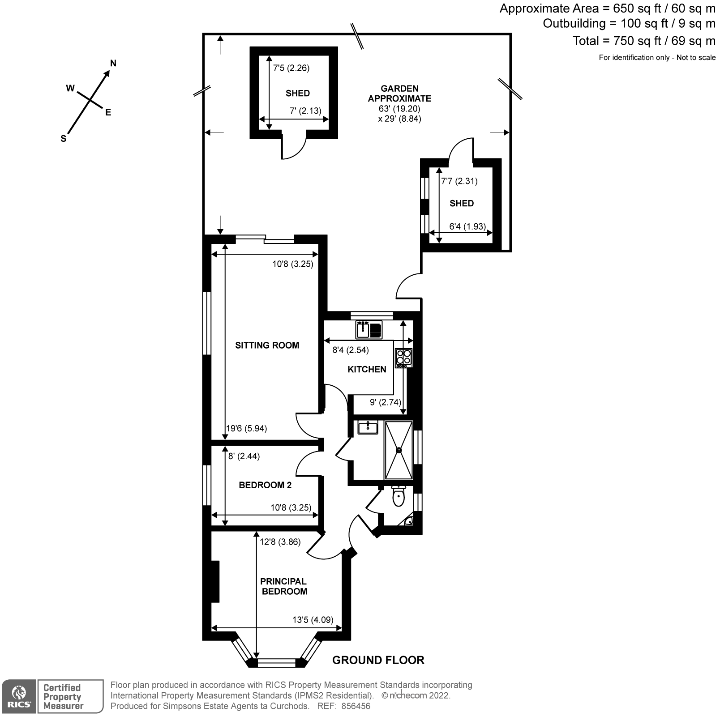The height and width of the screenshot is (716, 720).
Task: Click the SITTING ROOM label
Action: [x=267, y=345]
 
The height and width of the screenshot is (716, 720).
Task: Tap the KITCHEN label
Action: [x=367, y=369]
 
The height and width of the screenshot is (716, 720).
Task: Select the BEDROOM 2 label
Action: [x=265, y=485]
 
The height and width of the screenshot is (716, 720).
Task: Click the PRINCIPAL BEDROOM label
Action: [x=284, y=586]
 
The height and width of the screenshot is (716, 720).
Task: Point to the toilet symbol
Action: [x=398, y=497]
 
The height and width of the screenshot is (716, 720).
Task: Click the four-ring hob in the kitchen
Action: [x=403, y=357]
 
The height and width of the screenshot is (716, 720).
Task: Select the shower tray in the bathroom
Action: [x=399, y=450]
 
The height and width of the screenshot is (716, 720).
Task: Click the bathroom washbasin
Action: [x=368, y=428]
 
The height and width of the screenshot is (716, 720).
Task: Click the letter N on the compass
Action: [x=113, y=64]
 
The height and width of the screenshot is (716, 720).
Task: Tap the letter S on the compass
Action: [x=63, y=139]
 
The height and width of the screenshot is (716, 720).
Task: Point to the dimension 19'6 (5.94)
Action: [x=246, y=429]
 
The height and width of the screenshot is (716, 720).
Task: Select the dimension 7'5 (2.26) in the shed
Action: [x=291, y=68]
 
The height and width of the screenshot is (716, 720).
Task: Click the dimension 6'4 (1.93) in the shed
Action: [x=467, y=226]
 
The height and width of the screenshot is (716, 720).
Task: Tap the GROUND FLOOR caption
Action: [x=378, y=660]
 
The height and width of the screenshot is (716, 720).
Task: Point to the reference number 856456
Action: [x=356, y=706]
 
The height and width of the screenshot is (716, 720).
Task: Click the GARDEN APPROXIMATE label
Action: [x=399, y=94]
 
